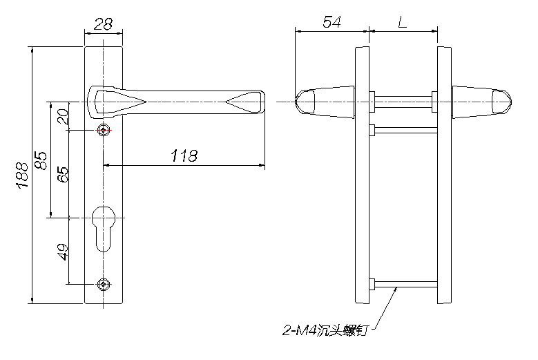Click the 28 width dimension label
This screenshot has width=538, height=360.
click(x=103, y=24)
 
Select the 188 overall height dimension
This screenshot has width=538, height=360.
click(x=22, y=175)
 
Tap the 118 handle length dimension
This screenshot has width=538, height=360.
click(x=184, y=155)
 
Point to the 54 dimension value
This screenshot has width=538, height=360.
click(x=332, y=22)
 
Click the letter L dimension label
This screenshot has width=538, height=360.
click(x=403, y=22)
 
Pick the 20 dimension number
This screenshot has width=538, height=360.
click(x=63, y=117)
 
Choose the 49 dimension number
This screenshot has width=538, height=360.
click(x=63, y=252)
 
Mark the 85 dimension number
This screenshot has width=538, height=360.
click(x=41, y=160)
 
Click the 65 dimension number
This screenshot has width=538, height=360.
click(x=63, y=174)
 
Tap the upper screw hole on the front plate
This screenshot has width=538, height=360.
click(x=104, y=131)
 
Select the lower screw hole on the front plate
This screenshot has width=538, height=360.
click(x=104, y=284)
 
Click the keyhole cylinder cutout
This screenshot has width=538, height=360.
click(x=104, y=229)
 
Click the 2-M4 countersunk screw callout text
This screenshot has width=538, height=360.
click(x=325, y=330)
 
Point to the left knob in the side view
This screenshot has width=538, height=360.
click(x=325, y=102)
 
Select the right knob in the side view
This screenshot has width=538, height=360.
click(x=482, y=102)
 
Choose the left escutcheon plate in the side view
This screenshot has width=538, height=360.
click(x=362, y=175)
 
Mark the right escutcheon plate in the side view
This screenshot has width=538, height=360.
click(x=444, y=175)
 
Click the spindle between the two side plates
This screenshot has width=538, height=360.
click(x=403, y=102)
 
